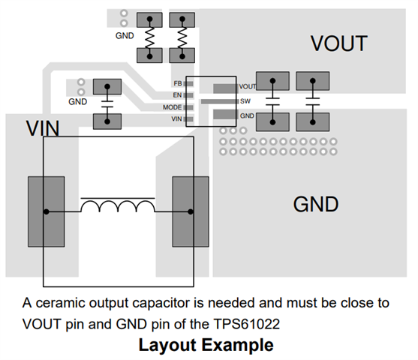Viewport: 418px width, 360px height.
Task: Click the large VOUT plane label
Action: (338, 43)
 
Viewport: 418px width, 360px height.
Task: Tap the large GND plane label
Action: (316, 205)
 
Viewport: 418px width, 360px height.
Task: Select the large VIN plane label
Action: (43, 128)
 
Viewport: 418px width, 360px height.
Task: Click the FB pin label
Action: (178, 84)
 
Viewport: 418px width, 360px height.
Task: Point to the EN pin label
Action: (177, 95)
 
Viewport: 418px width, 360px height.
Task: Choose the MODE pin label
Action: (172, 107)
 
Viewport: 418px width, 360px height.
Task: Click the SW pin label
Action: (245, 101)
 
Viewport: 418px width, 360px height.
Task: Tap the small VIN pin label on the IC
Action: (176, 118)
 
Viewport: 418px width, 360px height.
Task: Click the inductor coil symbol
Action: (118, 205)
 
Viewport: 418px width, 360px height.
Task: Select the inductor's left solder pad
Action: (47, 211)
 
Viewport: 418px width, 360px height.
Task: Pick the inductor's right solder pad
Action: (191, 211)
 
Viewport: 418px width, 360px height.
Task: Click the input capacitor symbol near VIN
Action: (107, 104)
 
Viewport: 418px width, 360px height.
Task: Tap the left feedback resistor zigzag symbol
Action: (149, 37)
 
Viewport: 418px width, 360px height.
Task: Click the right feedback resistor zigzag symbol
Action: (182, 37)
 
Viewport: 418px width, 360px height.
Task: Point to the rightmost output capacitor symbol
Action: (313, 101)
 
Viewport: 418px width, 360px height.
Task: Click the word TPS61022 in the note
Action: (247, 324)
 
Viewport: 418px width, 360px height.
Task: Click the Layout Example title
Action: (206, 345)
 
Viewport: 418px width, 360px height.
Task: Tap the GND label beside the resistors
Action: (125, 36)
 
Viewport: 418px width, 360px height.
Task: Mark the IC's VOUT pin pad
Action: (225, 88)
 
